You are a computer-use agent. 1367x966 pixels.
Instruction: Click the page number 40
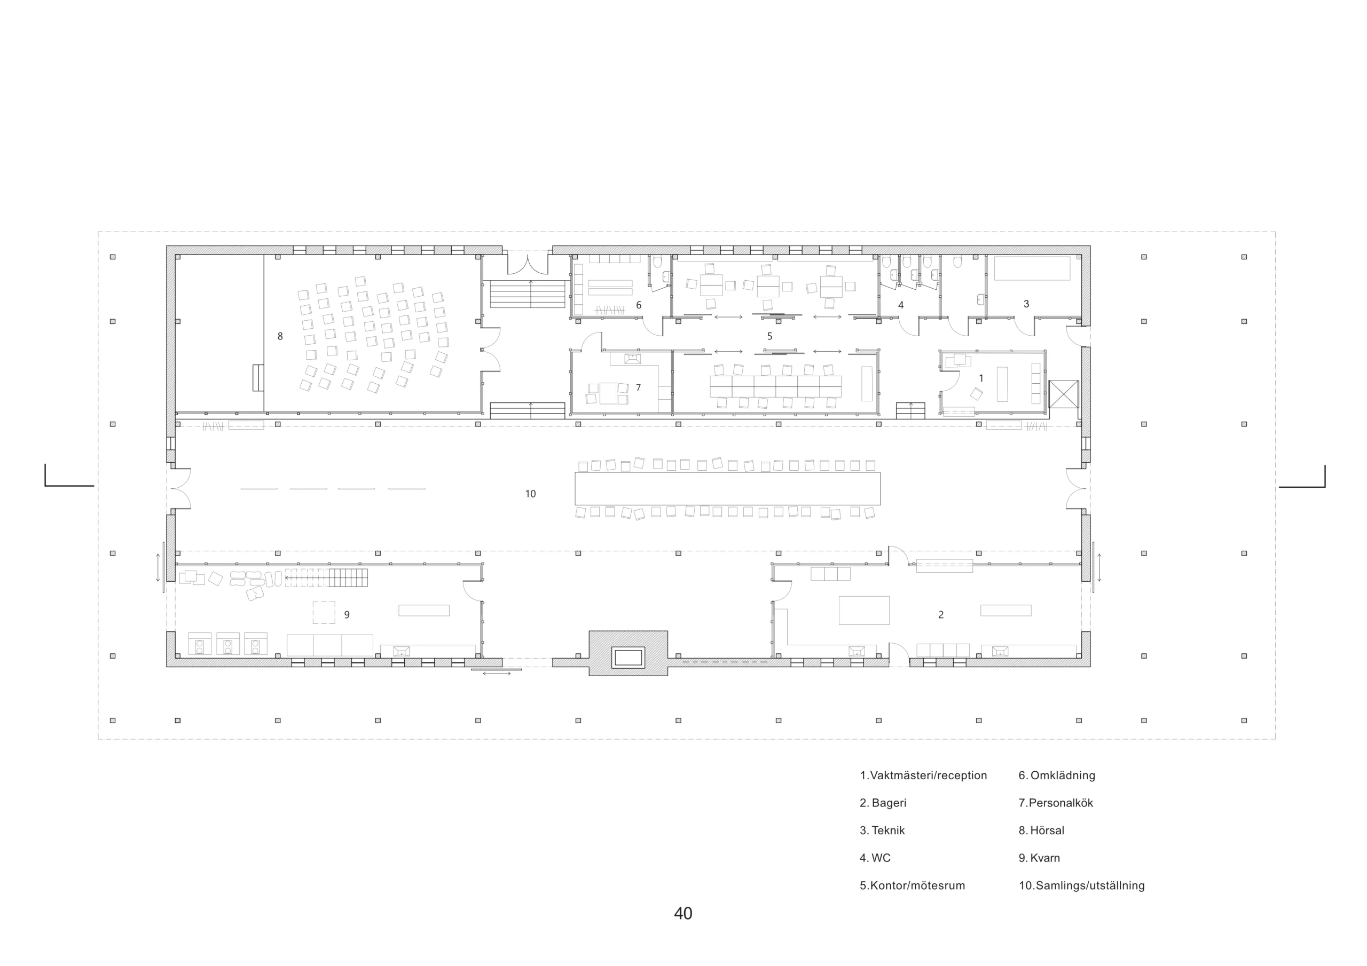tap(683, 914)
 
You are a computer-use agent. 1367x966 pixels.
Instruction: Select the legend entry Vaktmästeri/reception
tap(923, 775)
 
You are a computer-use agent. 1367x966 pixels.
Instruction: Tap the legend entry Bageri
tap(883, 803)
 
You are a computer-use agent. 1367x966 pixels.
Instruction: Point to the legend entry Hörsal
tap(1041, 830)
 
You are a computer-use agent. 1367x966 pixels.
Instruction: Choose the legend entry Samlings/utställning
tap(1081, 885)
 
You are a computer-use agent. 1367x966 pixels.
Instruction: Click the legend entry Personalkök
tap(1056, 803)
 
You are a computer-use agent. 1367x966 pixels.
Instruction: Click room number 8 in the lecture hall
tap(280, 336)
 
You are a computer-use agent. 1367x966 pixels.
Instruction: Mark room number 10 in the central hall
tap(530, 494)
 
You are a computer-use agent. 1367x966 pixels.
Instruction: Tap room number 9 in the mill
tap(347, 615)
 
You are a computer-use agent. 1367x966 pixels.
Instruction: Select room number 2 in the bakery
tap(941, 615)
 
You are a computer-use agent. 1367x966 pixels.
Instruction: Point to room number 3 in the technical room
tap(1026, 304)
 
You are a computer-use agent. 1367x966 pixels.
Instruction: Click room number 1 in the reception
tap(981, 378)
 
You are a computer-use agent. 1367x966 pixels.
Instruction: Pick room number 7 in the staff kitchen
tap(638, 388)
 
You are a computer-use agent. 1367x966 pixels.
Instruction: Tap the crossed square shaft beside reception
tap(1063, 394)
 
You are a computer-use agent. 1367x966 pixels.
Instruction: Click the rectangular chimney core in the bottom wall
tap(628, 658)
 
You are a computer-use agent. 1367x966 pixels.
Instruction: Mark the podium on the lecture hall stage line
tap(258, 378)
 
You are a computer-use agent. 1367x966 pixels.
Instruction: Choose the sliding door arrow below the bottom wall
tap(497, 673)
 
